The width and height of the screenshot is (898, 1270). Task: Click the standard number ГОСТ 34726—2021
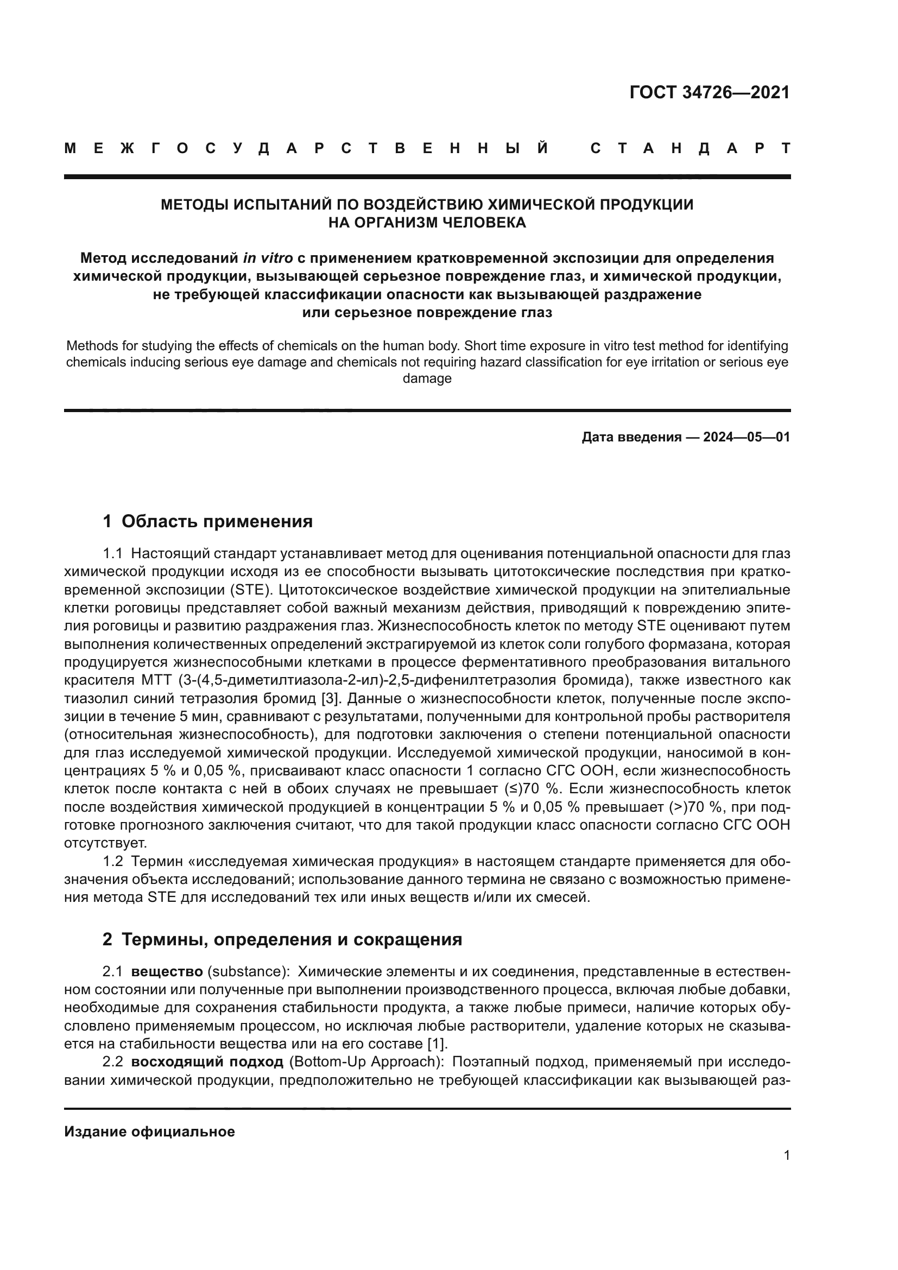point(710,92)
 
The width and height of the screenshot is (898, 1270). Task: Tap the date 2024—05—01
point(747,438)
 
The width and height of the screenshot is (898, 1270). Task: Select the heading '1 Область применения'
point(207,521)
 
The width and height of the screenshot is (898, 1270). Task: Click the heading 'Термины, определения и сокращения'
point(292,939)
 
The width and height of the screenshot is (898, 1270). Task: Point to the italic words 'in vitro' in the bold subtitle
point(268,258)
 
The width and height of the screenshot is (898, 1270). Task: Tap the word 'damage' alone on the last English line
point(427,379)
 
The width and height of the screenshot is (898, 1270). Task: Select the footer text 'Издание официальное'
point(149,1132)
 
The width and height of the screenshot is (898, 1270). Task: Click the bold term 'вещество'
point(167,972)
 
